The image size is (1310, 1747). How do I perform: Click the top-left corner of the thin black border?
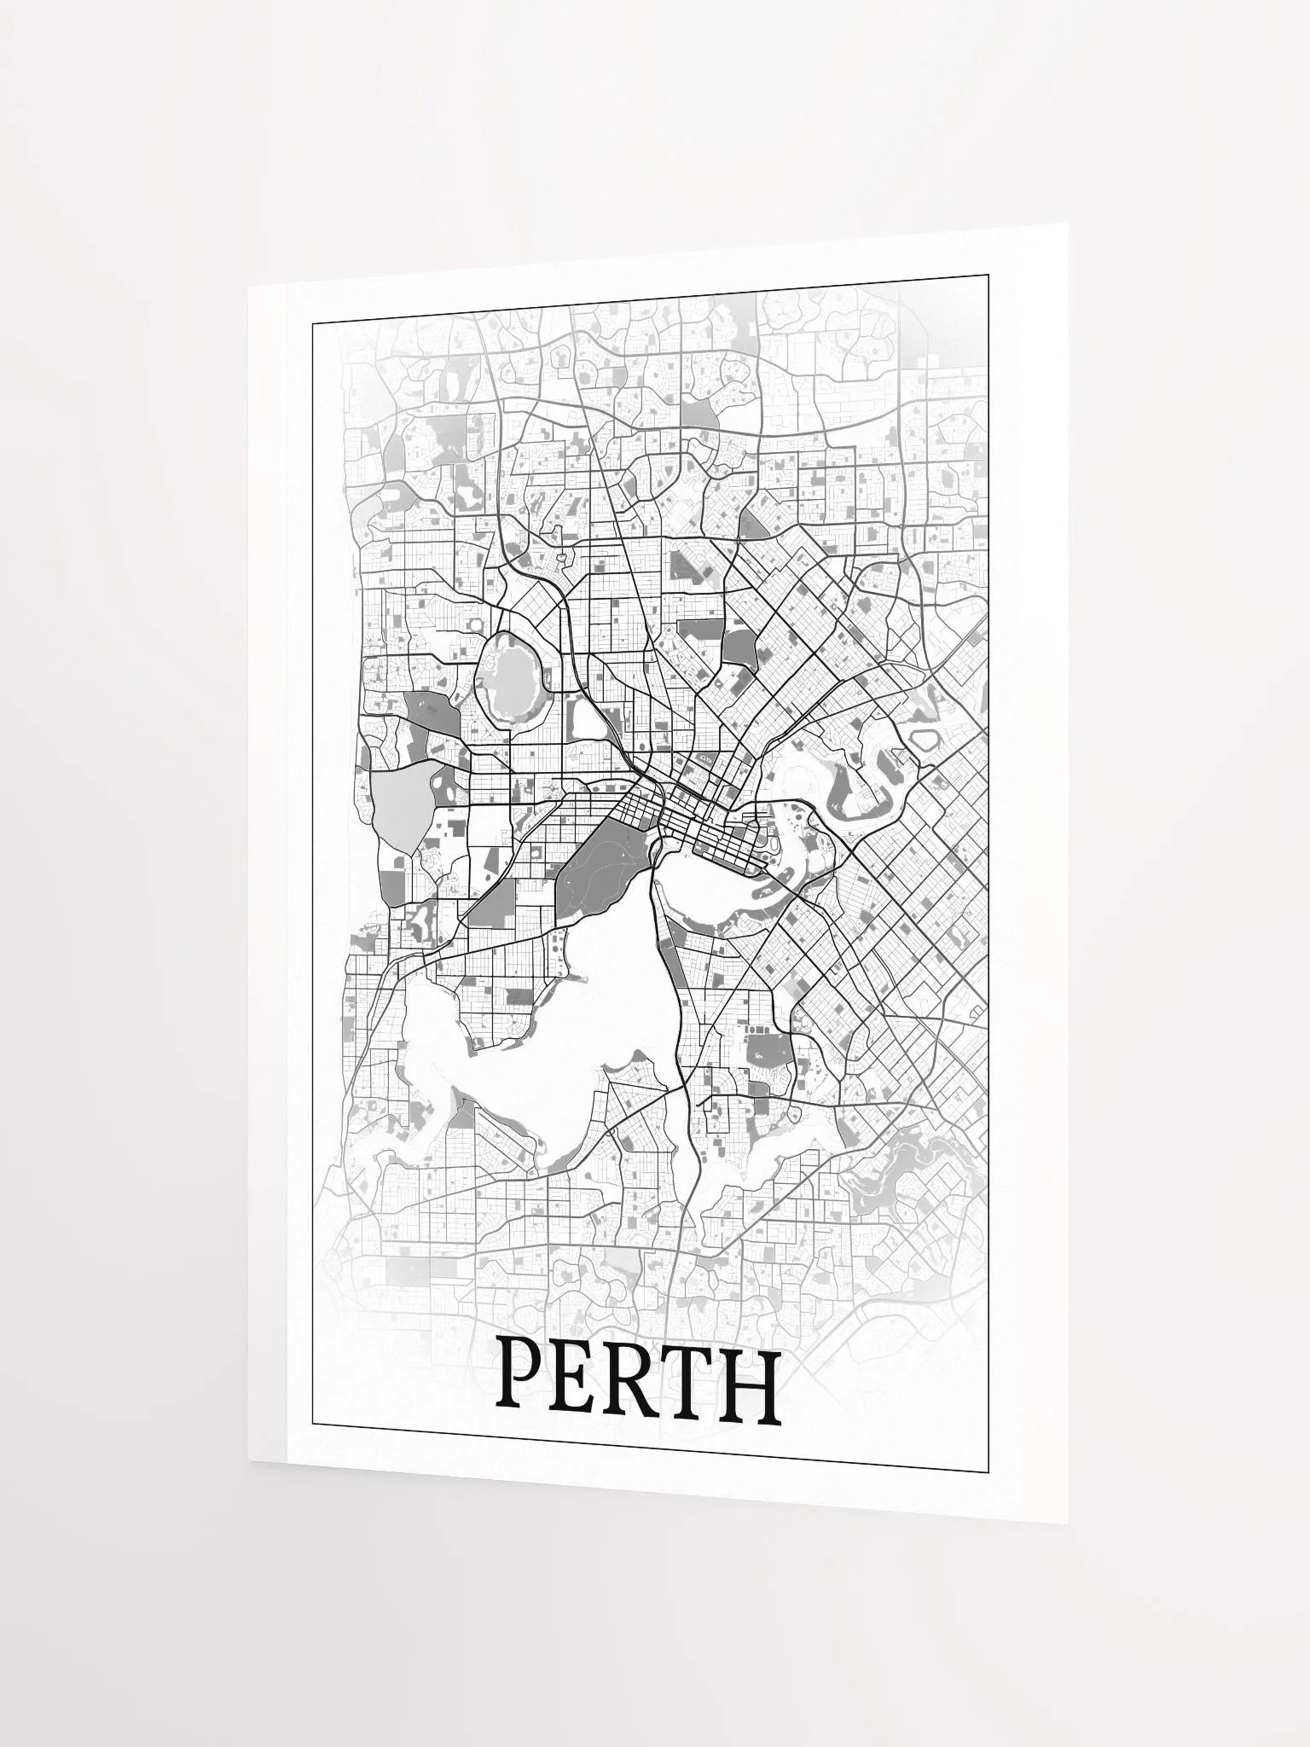coord(312,323)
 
